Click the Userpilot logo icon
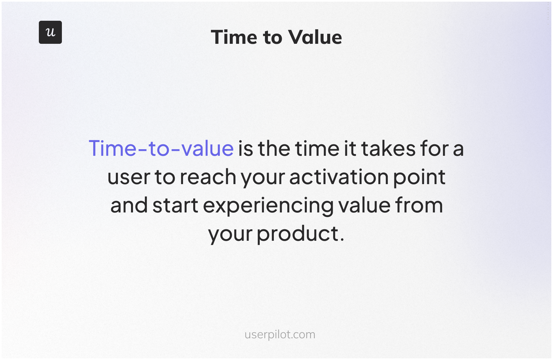pos(50,32)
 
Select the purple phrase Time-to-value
pos(161,148)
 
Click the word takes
pos(388,148)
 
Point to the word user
pos(129,177)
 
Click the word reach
pos(208,177)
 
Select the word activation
pos(339,177)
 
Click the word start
pos(175,206)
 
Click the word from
pos(419,205)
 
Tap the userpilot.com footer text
pos(280,335)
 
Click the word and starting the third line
pos(129,206)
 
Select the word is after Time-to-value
pos(246,148)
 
